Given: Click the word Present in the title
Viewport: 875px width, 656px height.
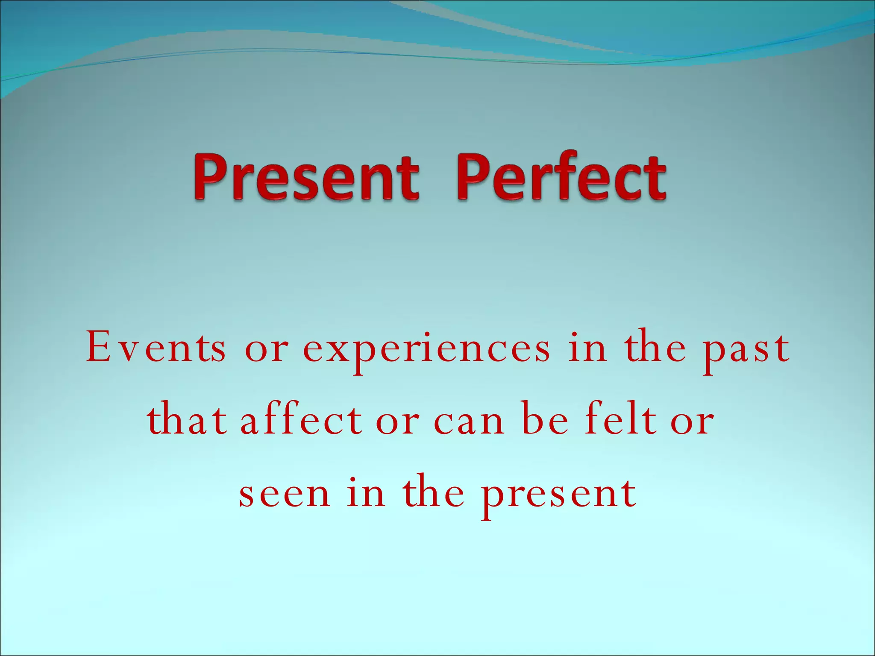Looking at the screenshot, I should (306, 179).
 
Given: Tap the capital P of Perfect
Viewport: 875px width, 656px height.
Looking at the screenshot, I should (474, 179).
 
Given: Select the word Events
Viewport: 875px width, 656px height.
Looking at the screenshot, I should (156, 348).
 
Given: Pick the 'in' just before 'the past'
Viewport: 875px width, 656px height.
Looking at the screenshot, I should (587, 348).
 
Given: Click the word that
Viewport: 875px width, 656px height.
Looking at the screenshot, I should (187, 421).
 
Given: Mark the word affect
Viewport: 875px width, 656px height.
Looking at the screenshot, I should (301, 421).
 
